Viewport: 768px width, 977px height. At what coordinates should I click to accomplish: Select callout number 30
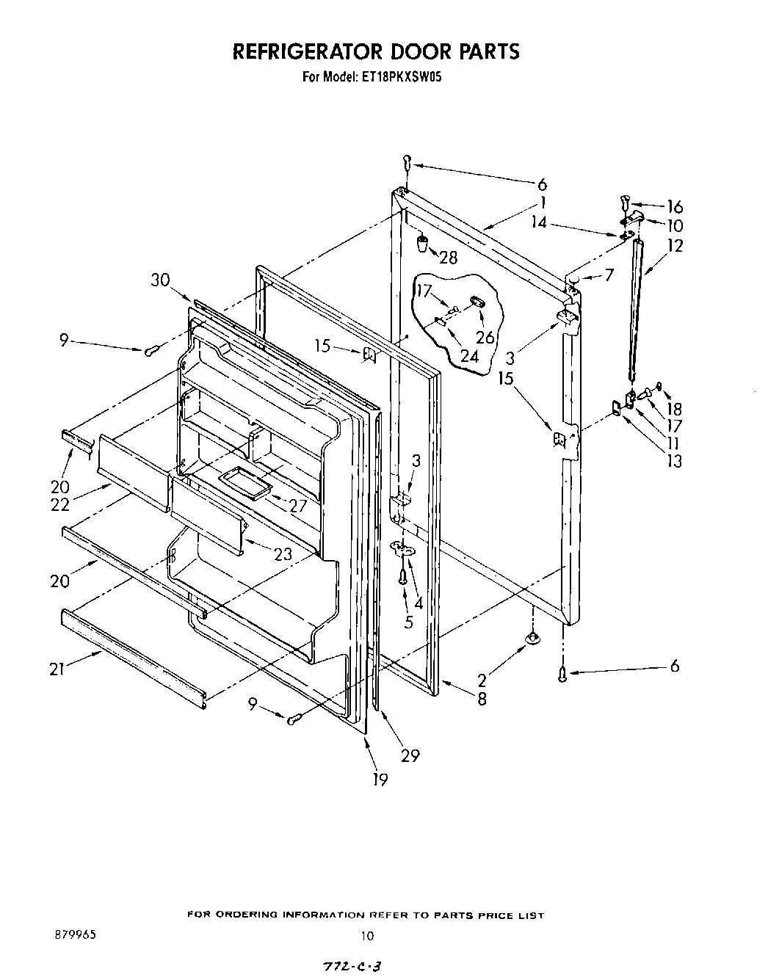tap(160, 280)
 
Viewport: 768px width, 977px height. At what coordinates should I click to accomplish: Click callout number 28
tap(447, 257)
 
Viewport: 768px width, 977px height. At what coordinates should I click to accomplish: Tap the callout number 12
tap(675, 246)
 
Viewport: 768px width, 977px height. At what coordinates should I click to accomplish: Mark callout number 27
tap(297, 505)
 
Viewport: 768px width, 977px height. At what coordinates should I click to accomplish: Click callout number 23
tap(283, 554)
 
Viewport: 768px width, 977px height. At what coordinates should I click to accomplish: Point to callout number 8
tap(482, 699)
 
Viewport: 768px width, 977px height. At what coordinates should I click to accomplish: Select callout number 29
tap(410, 755)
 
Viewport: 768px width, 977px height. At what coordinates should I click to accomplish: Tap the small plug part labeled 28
tap(423, 243)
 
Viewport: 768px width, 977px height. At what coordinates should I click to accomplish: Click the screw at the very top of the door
tap(407, 163)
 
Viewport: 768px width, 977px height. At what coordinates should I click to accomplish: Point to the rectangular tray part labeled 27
tap(242, 481)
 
